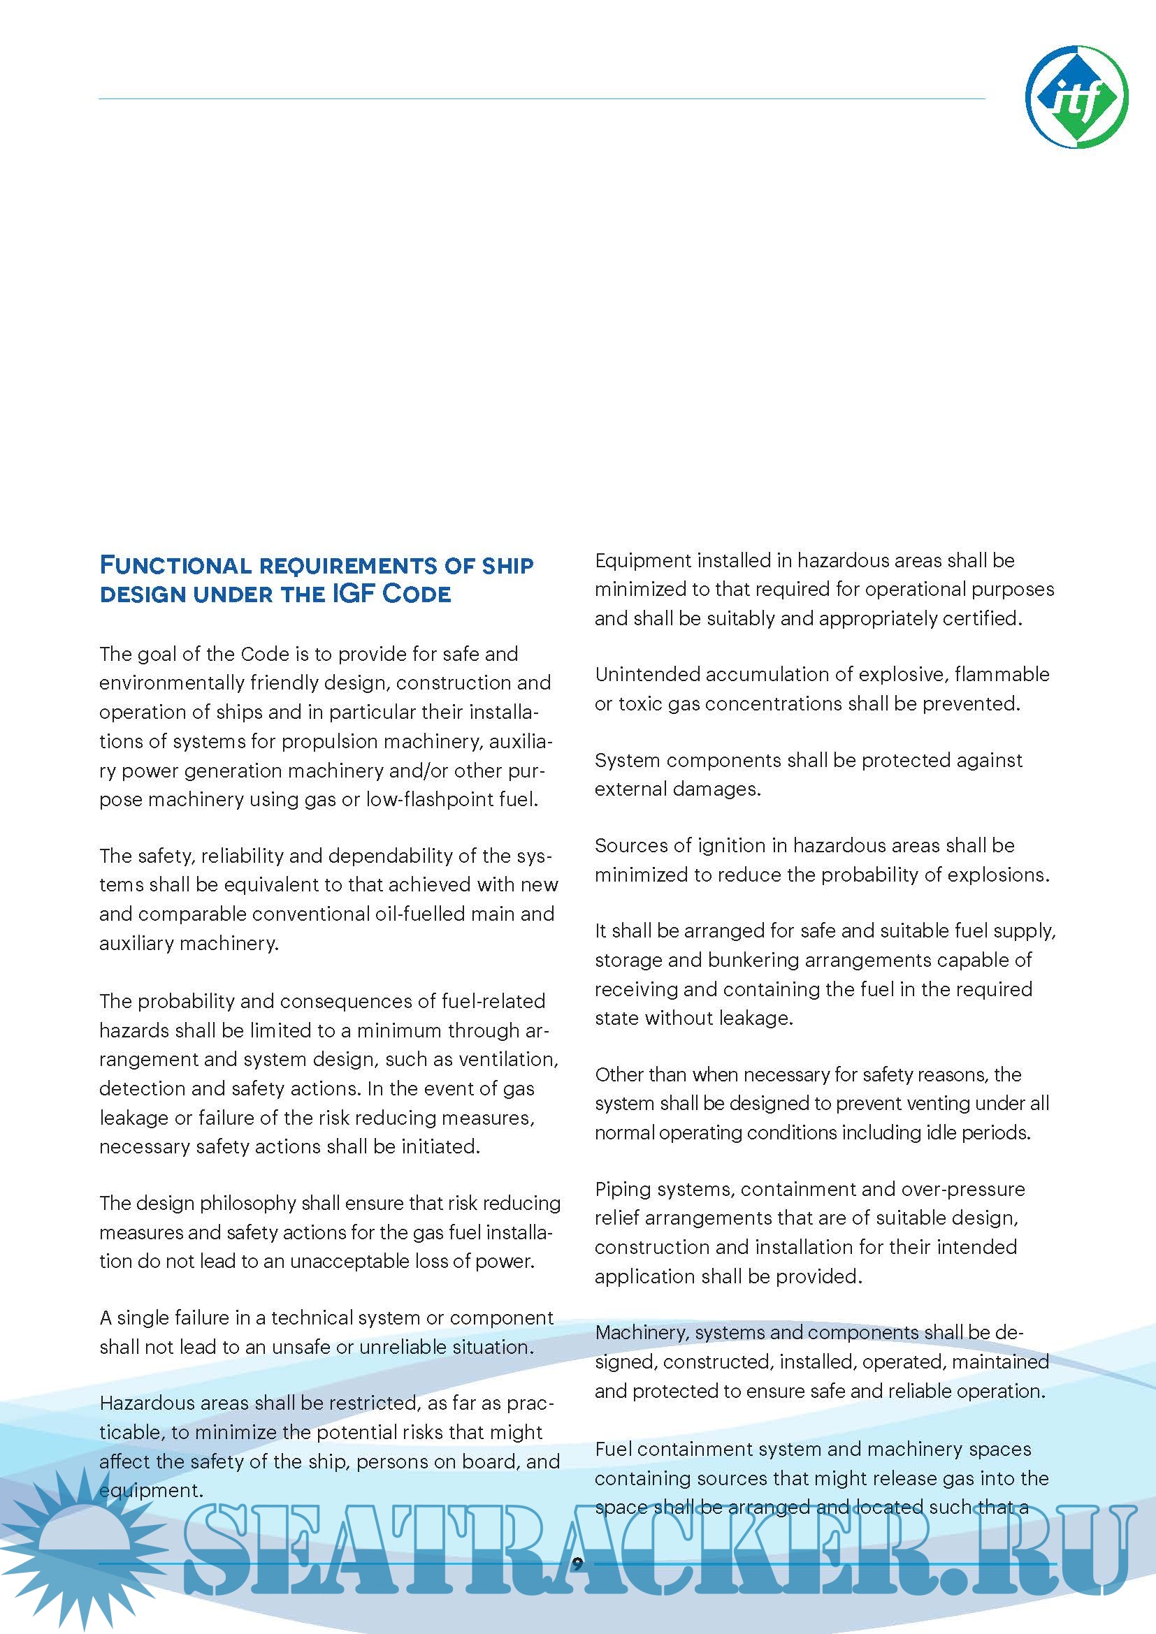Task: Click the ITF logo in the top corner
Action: click(x=1076, y=97)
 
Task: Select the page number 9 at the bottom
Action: click(x=577, y=1563)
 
